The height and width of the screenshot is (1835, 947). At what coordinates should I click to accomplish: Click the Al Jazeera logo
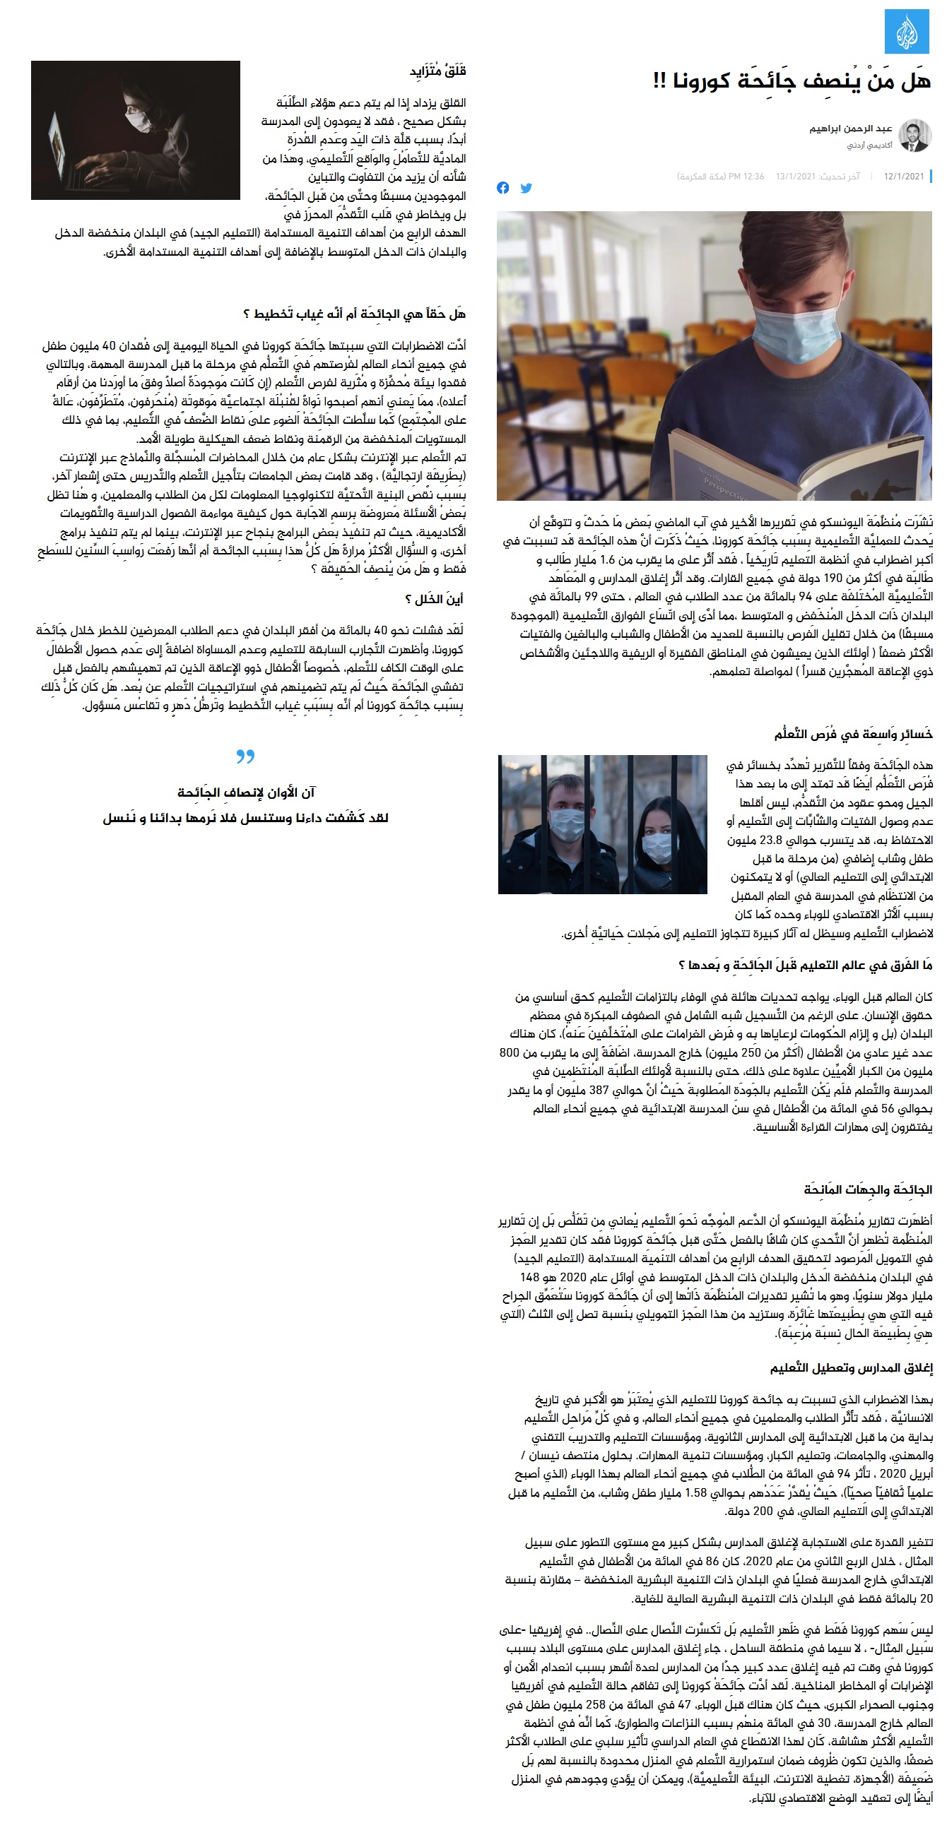coord(907,31)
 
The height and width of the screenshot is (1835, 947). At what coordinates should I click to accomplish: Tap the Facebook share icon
coord(503,188)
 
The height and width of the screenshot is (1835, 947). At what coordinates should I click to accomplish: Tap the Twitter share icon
coord(526,188)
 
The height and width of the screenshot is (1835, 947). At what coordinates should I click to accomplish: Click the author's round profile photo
coord(914,136)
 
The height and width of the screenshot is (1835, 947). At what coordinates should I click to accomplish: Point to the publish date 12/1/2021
coord(903,176)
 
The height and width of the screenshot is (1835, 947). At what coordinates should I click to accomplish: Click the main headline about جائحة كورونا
coord(792,81)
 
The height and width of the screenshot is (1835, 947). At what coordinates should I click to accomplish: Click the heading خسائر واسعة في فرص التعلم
coord(853,734)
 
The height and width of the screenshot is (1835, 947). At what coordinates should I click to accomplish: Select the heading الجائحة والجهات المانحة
coord(867,1189)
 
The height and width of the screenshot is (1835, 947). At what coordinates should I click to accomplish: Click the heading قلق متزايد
coord(437,71)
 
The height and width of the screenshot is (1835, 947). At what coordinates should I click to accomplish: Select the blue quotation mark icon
coord(245,756)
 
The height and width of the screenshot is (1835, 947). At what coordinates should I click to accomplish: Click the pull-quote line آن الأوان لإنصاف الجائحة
coord(246,792)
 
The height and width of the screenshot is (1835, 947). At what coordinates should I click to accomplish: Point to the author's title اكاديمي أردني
coord(869,145)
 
